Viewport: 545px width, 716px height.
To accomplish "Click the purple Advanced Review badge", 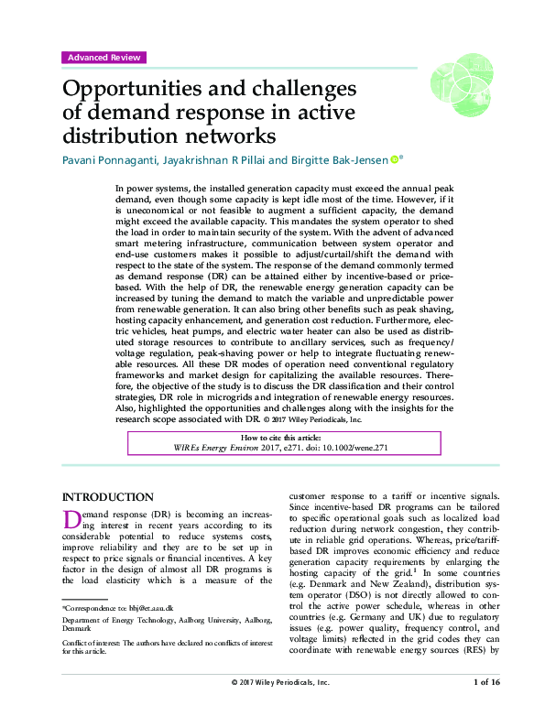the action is pos(104,58).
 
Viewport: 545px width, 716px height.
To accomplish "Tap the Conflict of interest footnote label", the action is pos(94,644).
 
